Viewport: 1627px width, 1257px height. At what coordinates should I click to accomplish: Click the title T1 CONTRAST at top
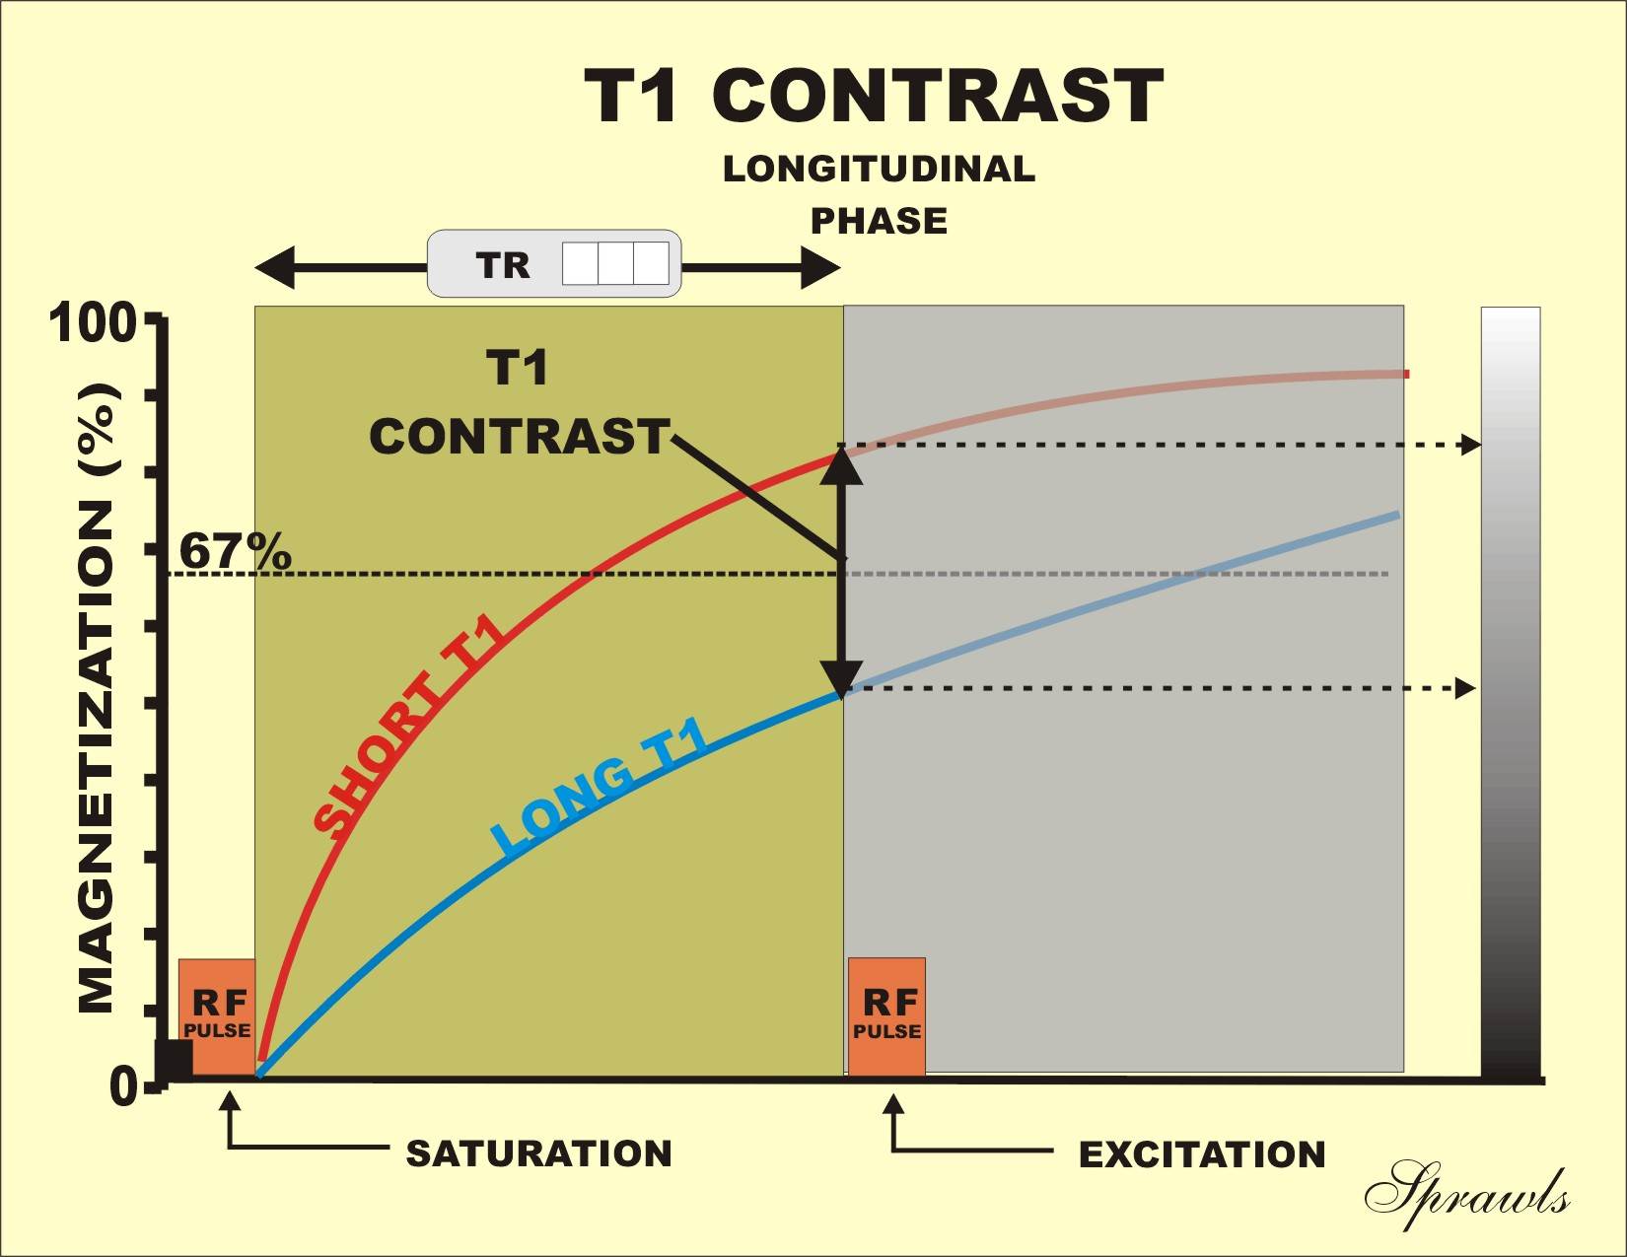(874, 96)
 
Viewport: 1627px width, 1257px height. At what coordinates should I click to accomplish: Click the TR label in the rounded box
(503, 265)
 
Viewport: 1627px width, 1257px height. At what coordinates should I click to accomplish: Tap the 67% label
(235, 552)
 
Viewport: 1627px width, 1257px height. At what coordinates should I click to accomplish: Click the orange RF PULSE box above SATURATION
(217, 1015)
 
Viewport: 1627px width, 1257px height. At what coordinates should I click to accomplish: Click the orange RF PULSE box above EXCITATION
(886, 1015)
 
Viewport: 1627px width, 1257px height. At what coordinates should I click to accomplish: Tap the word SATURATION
(538, 1153)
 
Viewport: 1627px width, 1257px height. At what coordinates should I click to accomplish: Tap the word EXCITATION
(1201, 1154)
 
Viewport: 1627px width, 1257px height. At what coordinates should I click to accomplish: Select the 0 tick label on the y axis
(123, 1087)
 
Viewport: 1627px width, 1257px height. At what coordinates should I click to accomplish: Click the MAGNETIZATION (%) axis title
(99, 698)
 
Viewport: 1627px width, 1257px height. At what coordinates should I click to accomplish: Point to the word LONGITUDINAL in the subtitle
(879, 169)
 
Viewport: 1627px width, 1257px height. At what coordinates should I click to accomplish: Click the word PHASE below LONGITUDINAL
(879, 221)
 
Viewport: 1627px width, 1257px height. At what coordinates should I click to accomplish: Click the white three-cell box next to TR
(615, 264)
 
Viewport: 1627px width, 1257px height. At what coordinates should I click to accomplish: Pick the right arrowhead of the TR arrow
(819, 266)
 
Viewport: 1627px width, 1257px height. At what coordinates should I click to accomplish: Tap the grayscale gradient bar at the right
(1510, 690)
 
